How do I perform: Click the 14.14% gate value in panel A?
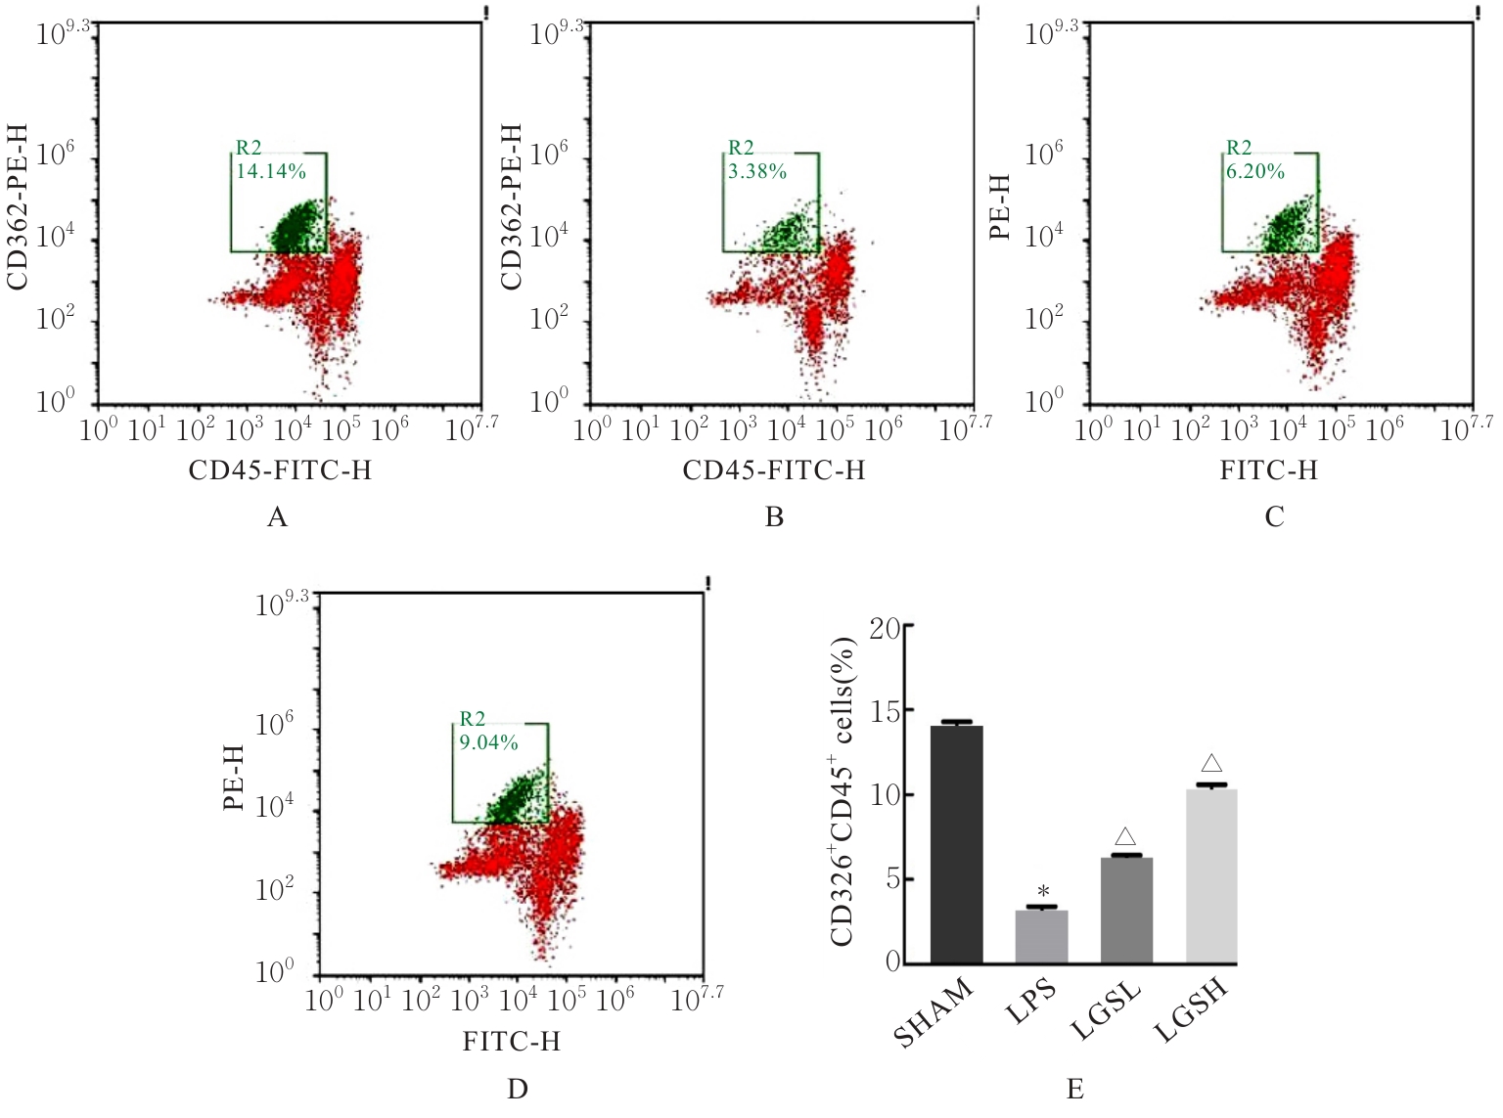[271, 172]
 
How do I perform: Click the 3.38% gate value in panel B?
[757, 172]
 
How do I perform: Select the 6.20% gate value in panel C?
[1255, 172]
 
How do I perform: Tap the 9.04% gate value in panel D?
[488, 742]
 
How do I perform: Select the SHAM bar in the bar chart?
[956, 844]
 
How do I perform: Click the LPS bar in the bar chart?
[1041, 936]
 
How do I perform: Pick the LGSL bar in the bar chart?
[1126, 910]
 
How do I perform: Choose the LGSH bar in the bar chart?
[1211, 875]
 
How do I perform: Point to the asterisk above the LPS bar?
[1043, 892]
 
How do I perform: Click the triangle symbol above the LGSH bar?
[1211, 764]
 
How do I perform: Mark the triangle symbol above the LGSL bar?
[1125, 836]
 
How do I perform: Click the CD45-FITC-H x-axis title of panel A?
[280, 470]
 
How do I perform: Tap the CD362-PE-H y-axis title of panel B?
[511, 207]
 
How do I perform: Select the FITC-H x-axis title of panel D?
[512, 1041]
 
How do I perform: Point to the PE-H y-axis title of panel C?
[1000, 207]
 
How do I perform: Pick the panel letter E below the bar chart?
[1074, 1089]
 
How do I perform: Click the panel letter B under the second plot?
[774, 517]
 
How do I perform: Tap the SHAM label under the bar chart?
[934, 1012]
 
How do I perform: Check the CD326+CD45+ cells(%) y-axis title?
[843, 791]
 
